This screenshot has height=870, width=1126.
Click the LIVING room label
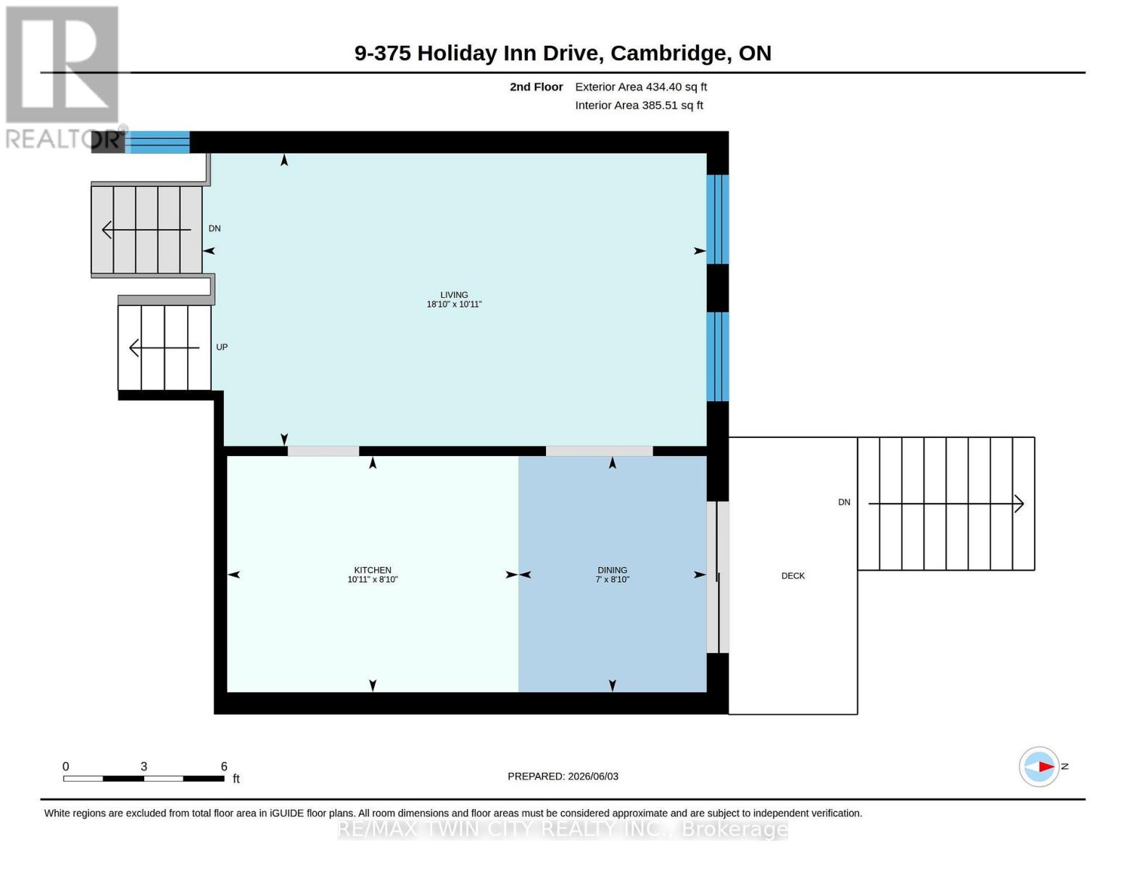[454, 295]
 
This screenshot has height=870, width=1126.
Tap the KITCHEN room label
[373, 570]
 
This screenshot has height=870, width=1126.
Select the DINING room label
[612, 570]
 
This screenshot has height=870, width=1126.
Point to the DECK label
[792, 576]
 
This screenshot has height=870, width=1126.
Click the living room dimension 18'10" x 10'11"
[454, 304]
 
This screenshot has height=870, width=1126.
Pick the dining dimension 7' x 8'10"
[612, 579]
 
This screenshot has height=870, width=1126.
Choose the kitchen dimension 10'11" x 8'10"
[373, 579]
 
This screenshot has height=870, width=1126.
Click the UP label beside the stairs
[222, 347]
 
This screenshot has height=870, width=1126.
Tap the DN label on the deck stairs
[844, 502]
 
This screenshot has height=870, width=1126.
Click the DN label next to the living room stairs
[215, 228]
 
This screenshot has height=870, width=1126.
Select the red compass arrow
[1046, 766]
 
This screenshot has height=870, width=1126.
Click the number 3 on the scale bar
[144, 766]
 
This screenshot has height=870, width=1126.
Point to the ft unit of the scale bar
[236, 779]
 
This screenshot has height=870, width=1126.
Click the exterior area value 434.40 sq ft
[676, 87]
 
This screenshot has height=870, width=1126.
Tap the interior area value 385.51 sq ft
[673, 105]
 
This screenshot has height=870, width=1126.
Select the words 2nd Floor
[537, 87]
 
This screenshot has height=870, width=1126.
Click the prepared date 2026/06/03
[593, 776]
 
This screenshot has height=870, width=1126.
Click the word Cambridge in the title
[668, 54]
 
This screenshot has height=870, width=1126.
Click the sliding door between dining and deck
[718, 576]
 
